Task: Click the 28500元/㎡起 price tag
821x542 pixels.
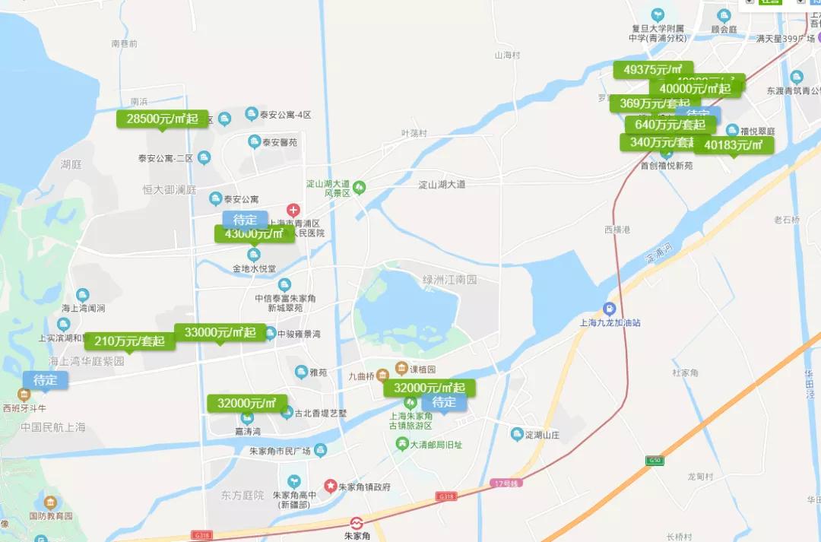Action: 162,119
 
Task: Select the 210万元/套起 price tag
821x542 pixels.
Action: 129,341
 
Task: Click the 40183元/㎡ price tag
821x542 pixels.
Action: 733,144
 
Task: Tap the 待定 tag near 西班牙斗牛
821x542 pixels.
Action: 45,380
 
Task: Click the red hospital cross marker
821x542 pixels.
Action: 293,210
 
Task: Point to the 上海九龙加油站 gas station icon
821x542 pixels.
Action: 609,309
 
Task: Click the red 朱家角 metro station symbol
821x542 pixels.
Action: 356,523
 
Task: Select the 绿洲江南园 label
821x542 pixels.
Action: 449,280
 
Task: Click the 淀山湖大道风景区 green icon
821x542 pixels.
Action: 360,187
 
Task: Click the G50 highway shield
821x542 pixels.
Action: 655,460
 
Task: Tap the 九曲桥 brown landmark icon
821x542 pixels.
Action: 382,372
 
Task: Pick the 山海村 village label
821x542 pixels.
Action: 507,55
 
